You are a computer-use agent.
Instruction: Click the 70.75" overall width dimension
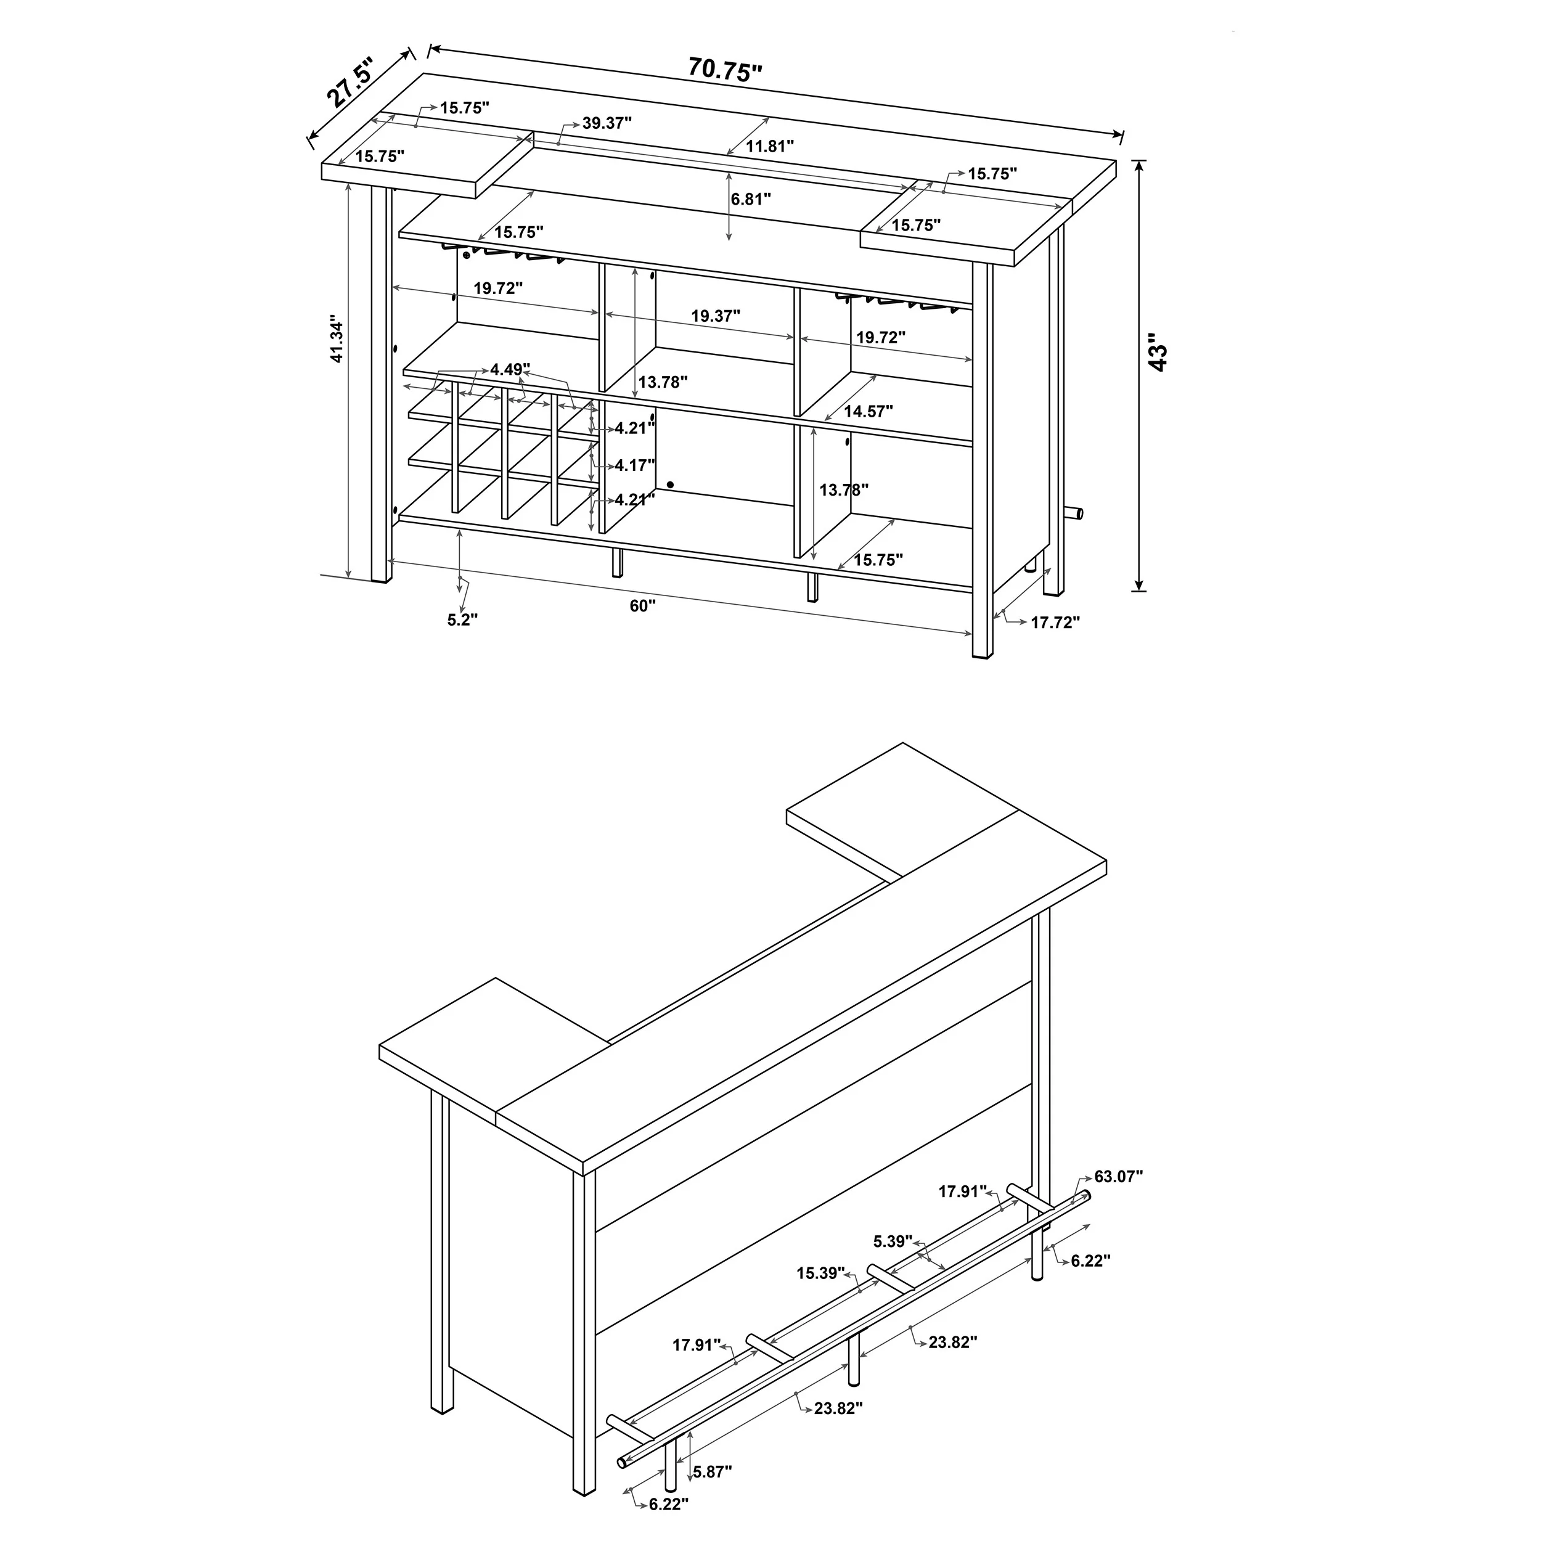point(724,71)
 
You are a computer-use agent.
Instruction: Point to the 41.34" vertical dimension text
point(337,341)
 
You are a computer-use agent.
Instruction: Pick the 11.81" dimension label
point(770,146)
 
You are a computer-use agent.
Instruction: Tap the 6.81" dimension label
point(751,198)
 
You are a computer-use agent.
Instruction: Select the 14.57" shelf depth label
point(868,412)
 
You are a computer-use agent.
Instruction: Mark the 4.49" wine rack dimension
point(510,369)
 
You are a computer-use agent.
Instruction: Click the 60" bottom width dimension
point(642,606)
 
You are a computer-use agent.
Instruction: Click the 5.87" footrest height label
point(713,1471)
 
